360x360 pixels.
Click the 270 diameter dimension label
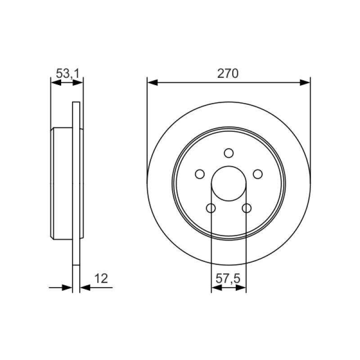228,74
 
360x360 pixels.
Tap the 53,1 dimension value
67,74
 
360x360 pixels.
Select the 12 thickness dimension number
101,279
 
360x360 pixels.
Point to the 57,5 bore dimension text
228,279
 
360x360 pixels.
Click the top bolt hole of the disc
229,153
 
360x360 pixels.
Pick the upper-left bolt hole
200,174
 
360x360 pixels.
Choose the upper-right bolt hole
258,174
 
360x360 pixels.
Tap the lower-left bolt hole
211,208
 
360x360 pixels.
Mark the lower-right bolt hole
247,208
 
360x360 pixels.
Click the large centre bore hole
229,184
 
